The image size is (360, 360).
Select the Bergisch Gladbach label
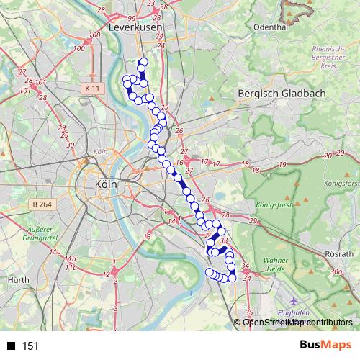tap(282, 94)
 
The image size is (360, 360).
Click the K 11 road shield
tap(90, 88)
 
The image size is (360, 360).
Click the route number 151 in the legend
tap(31, 346)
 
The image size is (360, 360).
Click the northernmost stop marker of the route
tap(143, 62)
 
